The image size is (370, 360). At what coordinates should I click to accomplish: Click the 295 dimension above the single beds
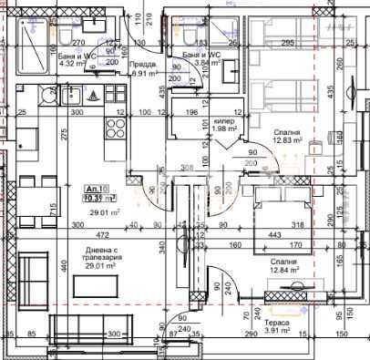pyautogui.click(x=287, y=43)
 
